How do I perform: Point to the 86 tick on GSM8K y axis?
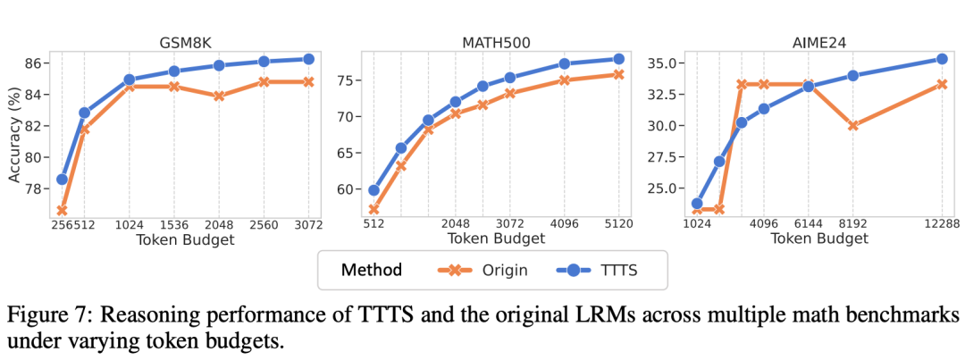point(34,63)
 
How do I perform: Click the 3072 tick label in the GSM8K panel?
point(308,225)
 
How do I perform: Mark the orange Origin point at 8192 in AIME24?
point(853,126)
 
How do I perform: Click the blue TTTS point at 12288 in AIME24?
point(941,59)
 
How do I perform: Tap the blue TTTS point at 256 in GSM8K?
point(62,179)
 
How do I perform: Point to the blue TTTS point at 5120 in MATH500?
point(618,59)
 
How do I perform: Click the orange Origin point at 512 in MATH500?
point(373,210)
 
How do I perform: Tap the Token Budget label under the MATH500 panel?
point(496,239)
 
